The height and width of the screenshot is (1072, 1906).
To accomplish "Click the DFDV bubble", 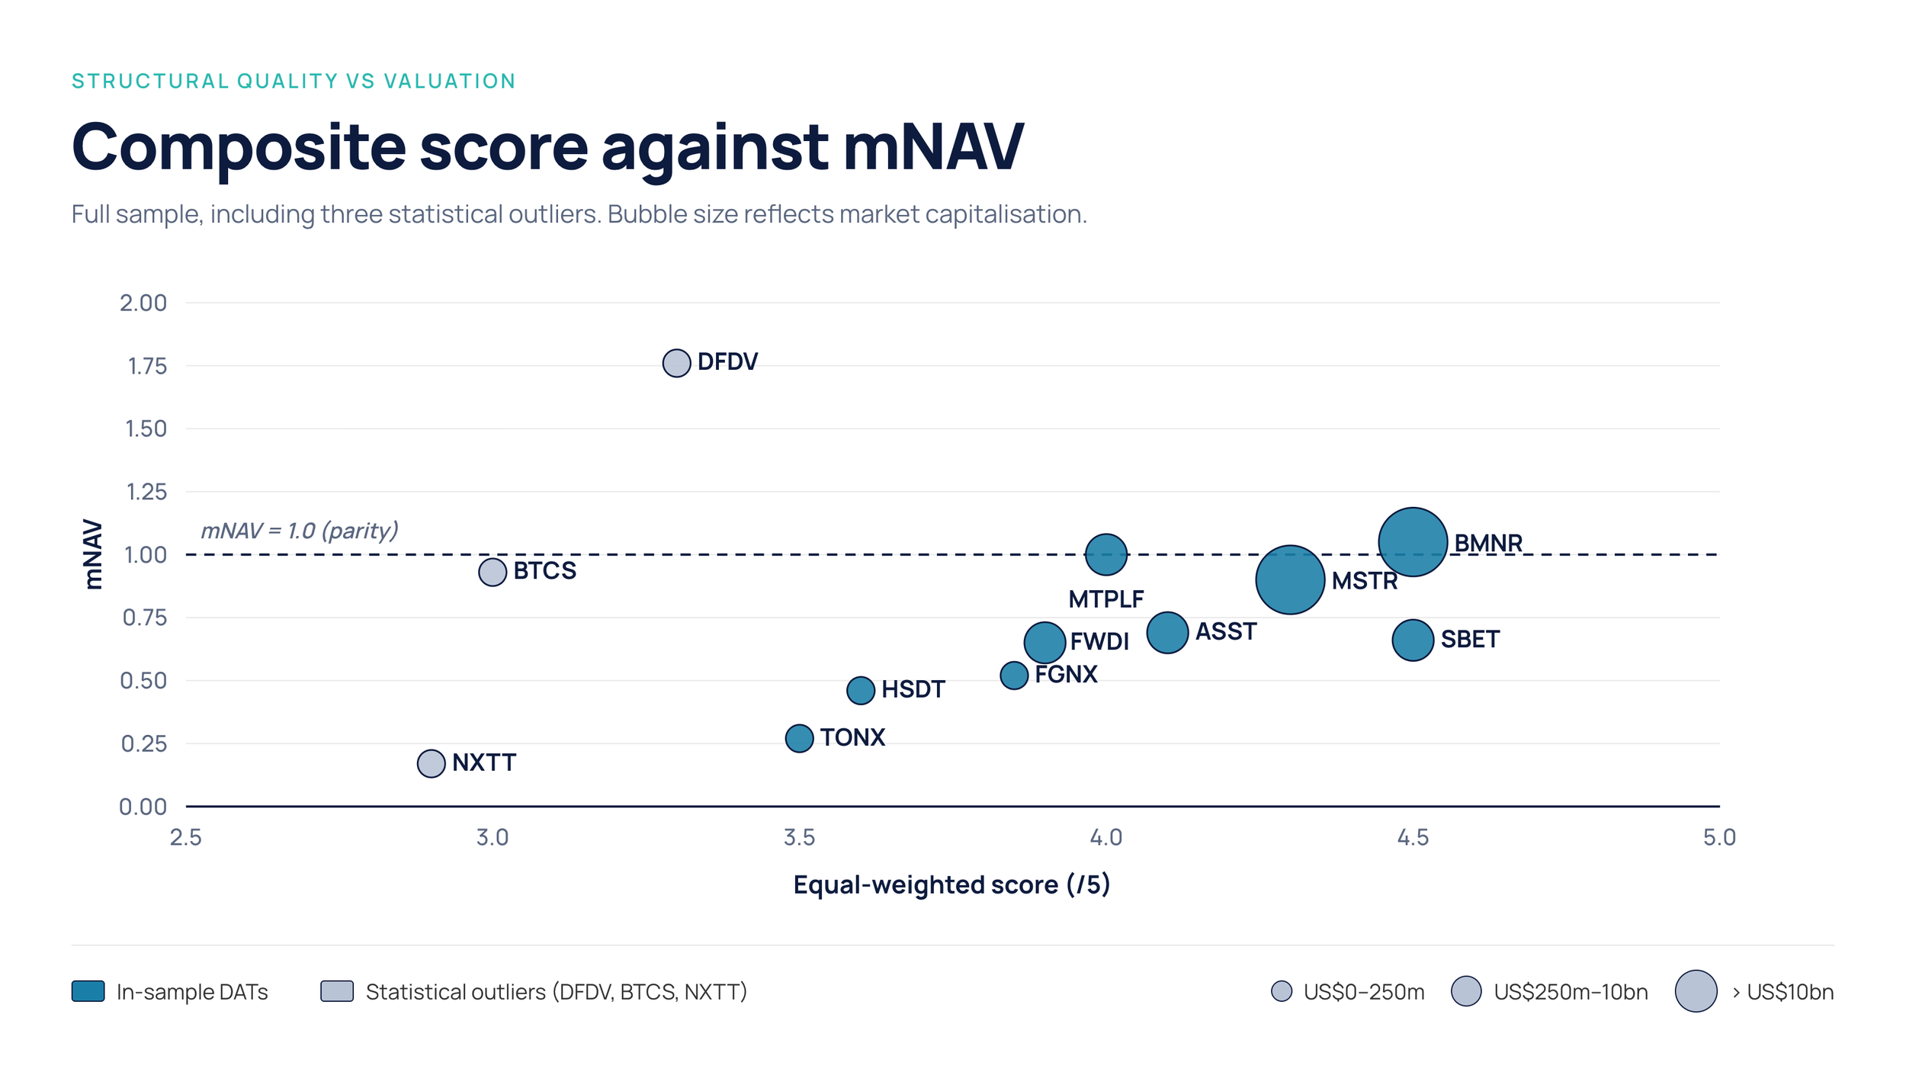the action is click(x=676, y=363).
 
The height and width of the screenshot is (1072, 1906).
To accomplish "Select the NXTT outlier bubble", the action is click(x=431, y=762).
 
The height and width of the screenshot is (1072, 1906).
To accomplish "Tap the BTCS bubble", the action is click(x=493, y=572).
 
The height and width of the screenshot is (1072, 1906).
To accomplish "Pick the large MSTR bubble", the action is click(x=1290, y=579).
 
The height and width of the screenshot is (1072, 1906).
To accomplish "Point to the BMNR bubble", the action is click(x=1413, y=541).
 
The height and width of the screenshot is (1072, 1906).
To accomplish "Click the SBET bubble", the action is click(x=1413, y=639).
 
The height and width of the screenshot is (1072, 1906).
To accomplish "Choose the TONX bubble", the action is click(x=799, y=738).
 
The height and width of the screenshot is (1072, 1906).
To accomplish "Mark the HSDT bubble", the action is click(x=861, y=690).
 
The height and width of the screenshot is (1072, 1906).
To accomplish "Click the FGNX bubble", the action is click(x=1014, y=675).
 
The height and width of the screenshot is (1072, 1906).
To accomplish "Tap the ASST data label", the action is click(x=1225, y=631).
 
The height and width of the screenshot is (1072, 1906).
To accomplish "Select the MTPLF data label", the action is click(x=1105, y=599).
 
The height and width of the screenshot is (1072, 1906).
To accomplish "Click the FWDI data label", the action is click(x=1099, y=641).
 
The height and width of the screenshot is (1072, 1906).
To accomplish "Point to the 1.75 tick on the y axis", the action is click(x=147, y=366).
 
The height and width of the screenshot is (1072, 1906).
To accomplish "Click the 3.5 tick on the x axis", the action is click(x=799, y=837).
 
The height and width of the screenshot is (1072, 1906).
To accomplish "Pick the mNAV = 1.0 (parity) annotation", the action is click(x=299, y=531).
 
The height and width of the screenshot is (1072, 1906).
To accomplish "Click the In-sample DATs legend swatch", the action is click(x=88, y=991).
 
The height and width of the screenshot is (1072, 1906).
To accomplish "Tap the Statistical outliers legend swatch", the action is click(x=337, y=991).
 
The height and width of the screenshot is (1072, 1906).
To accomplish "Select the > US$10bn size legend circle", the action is click(x=1696, y=991).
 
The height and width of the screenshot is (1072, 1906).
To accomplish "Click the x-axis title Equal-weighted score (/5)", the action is click(x=951, y=884).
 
